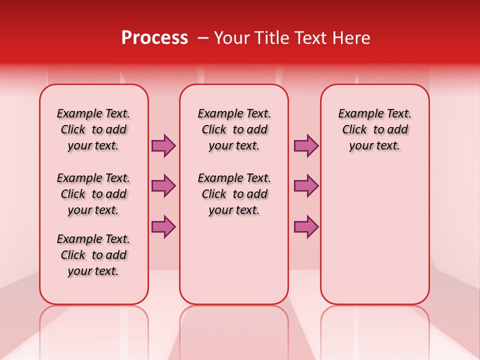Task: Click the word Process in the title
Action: (154, 38)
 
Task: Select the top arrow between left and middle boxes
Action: (163, 145)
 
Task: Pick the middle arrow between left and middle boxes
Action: (163, 186)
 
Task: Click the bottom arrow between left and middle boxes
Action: (163, 226)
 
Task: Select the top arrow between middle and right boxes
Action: (306, 145)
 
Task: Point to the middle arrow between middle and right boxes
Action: (306, 186)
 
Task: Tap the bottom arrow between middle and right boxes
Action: (306, 226)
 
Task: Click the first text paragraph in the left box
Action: (93, 129)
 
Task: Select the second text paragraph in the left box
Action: (93, 194)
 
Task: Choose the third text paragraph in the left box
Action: (93, 255)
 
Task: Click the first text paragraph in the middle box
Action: (234, 129)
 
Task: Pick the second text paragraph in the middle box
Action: (234, 194)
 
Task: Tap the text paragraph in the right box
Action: (374, 129)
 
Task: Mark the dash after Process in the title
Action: (203, 38)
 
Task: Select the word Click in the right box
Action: (354, 130)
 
